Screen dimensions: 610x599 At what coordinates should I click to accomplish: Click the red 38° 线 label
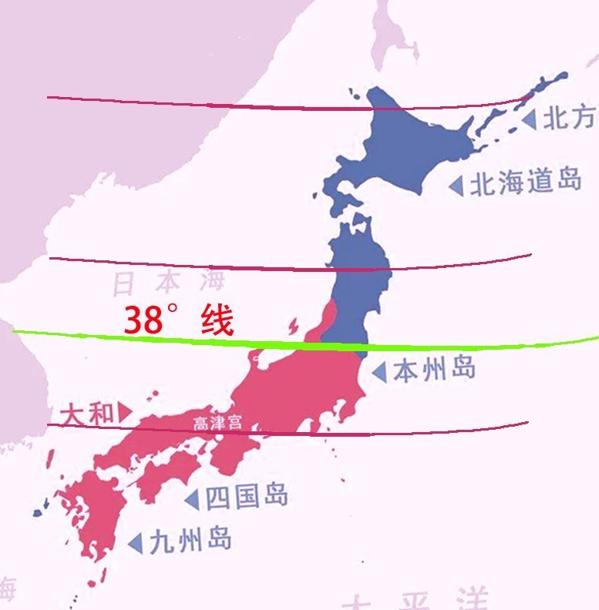[x=178, y=321]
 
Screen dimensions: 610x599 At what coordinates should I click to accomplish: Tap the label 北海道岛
[x=525, y=183]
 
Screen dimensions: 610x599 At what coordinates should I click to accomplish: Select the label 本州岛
[x=433, y=370]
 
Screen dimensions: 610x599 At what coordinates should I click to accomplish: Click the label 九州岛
[x=190, y=540]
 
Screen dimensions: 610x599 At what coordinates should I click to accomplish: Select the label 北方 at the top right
[x=569, y=118]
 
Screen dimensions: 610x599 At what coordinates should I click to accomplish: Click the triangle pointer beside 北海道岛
[x=456, y=186]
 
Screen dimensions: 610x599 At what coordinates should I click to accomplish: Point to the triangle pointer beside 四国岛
[x=192, y=499]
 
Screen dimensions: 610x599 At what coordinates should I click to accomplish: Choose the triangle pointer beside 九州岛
[x=135, y=542]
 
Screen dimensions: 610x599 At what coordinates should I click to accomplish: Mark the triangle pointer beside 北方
[x=528, y=119]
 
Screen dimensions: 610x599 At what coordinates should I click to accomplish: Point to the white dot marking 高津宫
[x=219, y=436]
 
